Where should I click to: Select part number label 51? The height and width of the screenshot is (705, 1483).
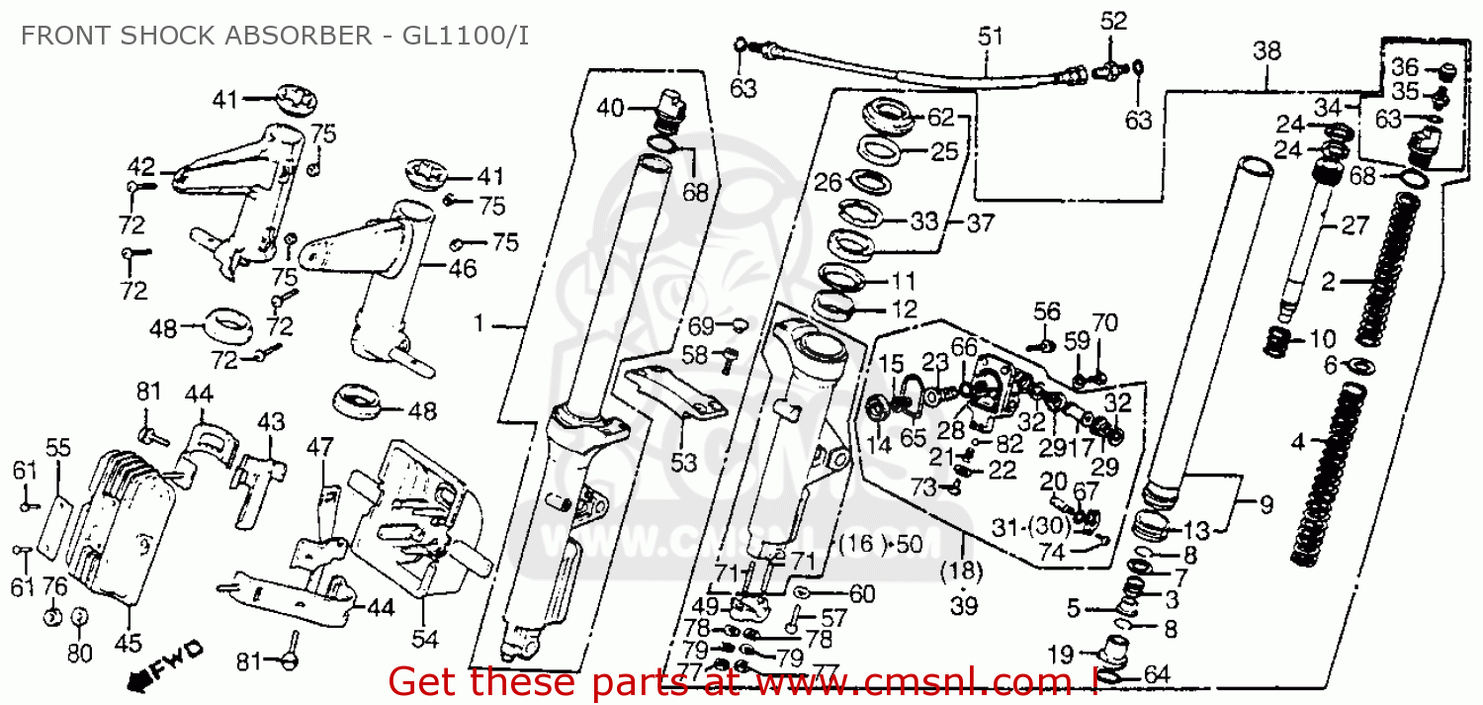pos(990,37)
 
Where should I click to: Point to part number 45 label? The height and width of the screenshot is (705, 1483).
pos(128,644)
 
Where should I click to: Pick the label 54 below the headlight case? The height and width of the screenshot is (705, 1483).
pos(424,640)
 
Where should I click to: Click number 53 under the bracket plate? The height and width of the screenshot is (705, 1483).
pos(684,462)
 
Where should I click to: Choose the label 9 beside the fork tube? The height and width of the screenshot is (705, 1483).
pos(1266,506)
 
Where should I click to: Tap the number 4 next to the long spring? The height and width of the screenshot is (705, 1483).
pos(1298,440)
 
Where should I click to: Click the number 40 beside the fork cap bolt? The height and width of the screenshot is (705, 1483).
pos(610,108)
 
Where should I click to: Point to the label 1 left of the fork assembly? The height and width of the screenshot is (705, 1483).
pos(480,324)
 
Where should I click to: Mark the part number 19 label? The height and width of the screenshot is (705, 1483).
pos(1060,653)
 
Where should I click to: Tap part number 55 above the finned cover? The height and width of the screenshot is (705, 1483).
pos(58,447)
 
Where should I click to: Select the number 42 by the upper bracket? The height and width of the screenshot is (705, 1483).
pos(141,166)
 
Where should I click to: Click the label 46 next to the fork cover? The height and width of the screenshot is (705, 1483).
pos(462,268)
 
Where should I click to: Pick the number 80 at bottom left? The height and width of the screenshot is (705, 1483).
pos(79,654)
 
